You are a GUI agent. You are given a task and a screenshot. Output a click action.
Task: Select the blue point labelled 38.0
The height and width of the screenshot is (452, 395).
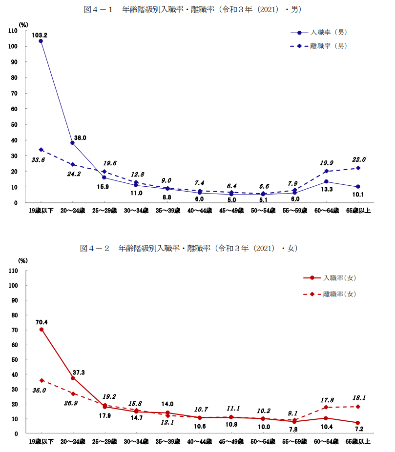tap(73, 143)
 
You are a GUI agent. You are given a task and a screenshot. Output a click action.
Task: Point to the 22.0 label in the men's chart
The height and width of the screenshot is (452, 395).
tap(359, 159)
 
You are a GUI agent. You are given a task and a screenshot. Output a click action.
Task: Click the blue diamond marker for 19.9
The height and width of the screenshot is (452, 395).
tap(326, 171)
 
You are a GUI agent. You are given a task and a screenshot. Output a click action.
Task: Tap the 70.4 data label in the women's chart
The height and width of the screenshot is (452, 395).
tap(42, 322)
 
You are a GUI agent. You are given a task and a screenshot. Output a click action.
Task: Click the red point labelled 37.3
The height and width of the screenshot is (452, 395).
tap(73, 378)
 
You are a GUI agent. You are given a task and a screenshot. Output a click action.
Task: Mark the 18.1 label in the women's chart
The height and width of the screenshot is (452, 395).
tap(359, 397)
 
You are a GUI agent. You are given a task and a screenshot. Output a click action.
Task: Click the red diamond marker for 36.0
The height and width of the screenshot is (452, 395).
tap(42, 380)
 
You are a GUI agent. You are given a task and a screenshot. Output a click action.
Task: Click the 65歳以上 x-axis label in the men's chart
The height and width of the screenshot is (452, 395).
tap(358, 211)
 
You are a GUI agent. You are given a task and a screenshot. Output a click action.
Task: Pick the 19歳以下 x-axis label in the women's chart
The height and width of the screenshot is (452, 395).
tap(42, 442)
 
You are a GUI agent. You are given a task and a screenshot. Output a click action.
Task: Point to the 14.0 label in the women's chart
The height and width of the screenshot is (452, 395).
tap(168, 404)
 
